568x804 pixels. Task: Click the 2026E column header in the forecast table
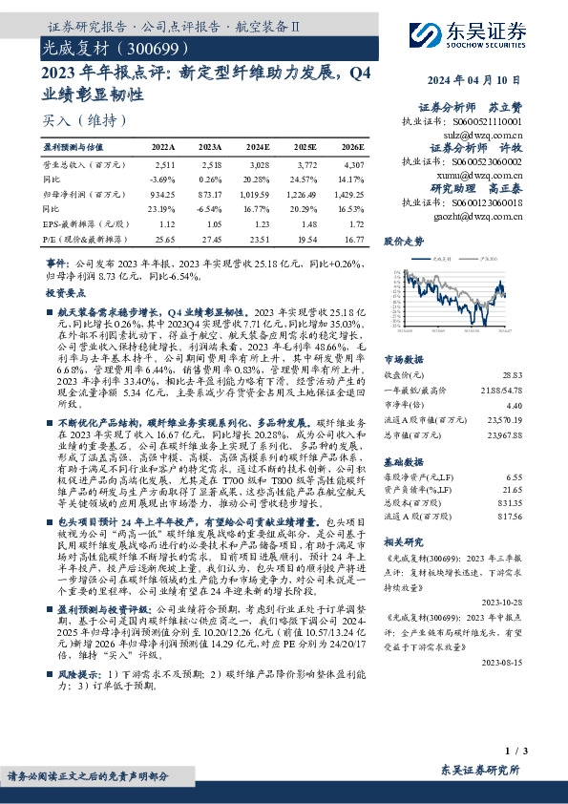tap(352, 148)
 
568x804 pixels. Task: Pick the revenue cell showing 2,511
tap(164, 166)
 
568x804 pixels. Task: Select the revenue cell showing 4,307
tap(352, 166)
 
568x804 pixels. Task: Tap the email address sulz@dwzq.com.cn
tap(487, 136)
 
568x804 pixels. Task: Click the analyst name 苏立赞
tap(510, 108)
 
